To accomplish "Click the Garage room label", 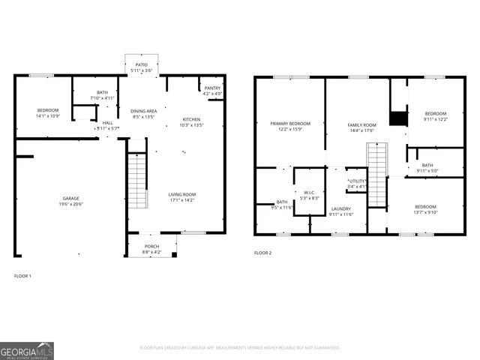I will click(71, 199).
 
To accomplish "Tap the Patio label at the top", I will click(141, 65).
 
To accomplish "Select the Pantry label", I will click(212, 88).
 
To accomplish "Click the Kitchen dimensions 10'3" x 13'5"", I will click(192, 125).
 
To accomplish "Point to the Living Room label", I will click(182, 194).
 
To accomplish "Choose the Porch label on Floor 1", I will click(151, 246).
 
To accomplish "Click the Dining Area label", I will click(144, 111).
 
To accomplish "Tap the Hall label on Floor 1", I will click(108, 123).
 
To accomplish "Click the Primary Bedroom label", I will click(290, 123).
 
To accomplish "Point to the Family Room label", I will click(361, 124).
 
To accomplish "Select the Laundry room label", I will click(340, 209).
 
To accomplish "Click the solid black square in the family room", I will click(398, 118).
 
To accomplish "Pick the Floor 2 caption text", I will click(262, 253).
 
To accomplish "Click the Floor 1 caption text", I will click(22, 276).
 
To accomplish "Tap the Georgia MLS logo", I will click(27, 350).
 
